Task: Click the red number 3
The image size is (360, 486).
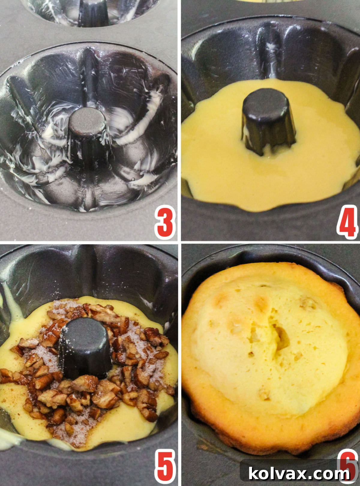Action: pos(165,222)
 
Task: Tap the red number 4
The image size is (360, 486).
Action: pos(347,222)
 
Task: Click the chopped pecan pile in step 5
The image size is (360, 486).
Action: pos(90,390)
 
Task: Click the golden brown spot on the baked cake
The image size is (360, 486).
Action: pos(261,303)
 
